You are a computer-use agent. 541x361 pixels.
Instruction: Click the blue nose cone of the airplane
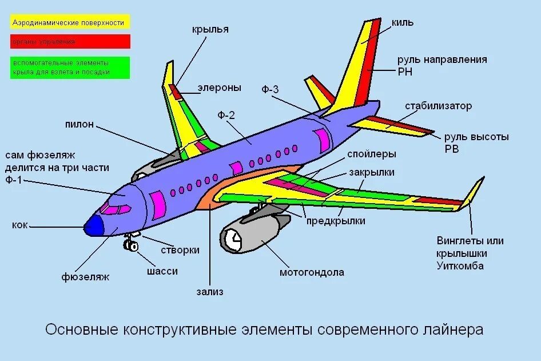coord(93,227)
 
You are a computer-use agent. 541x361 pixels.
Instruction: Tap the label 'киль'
coord(403,23)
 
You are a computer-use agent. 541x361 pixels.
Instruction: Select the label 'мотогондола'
coord(312,272)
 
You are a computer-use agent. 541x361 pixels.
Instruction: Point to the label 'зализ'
coord(210,292)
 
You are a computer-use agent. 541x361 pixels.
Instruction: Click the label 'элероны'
coord(220,88)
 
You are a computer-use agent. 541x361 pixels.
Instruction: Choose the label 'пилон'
coord(79,124)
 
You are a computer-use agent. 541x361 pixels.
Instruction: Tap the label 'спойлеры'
coord(371,154)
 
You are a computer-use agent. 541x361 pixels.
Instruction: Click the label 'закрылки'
coord(372,172)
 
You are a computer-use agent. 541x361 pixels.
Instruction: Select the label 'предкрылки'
coord(336,221)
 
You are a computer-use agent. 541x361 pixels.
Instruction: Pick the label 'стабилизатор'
coord(439,106)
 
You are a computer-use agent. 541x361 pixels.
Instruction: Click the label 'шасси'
coord(162,271)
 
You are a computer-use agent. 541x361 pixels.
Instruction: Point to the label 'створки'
coord(180,250)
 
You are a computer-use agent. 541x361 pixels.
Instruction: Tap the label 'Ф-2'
coord(226,115)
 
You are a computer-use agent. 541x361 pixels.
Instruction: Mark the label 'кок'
coord(19,225)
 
